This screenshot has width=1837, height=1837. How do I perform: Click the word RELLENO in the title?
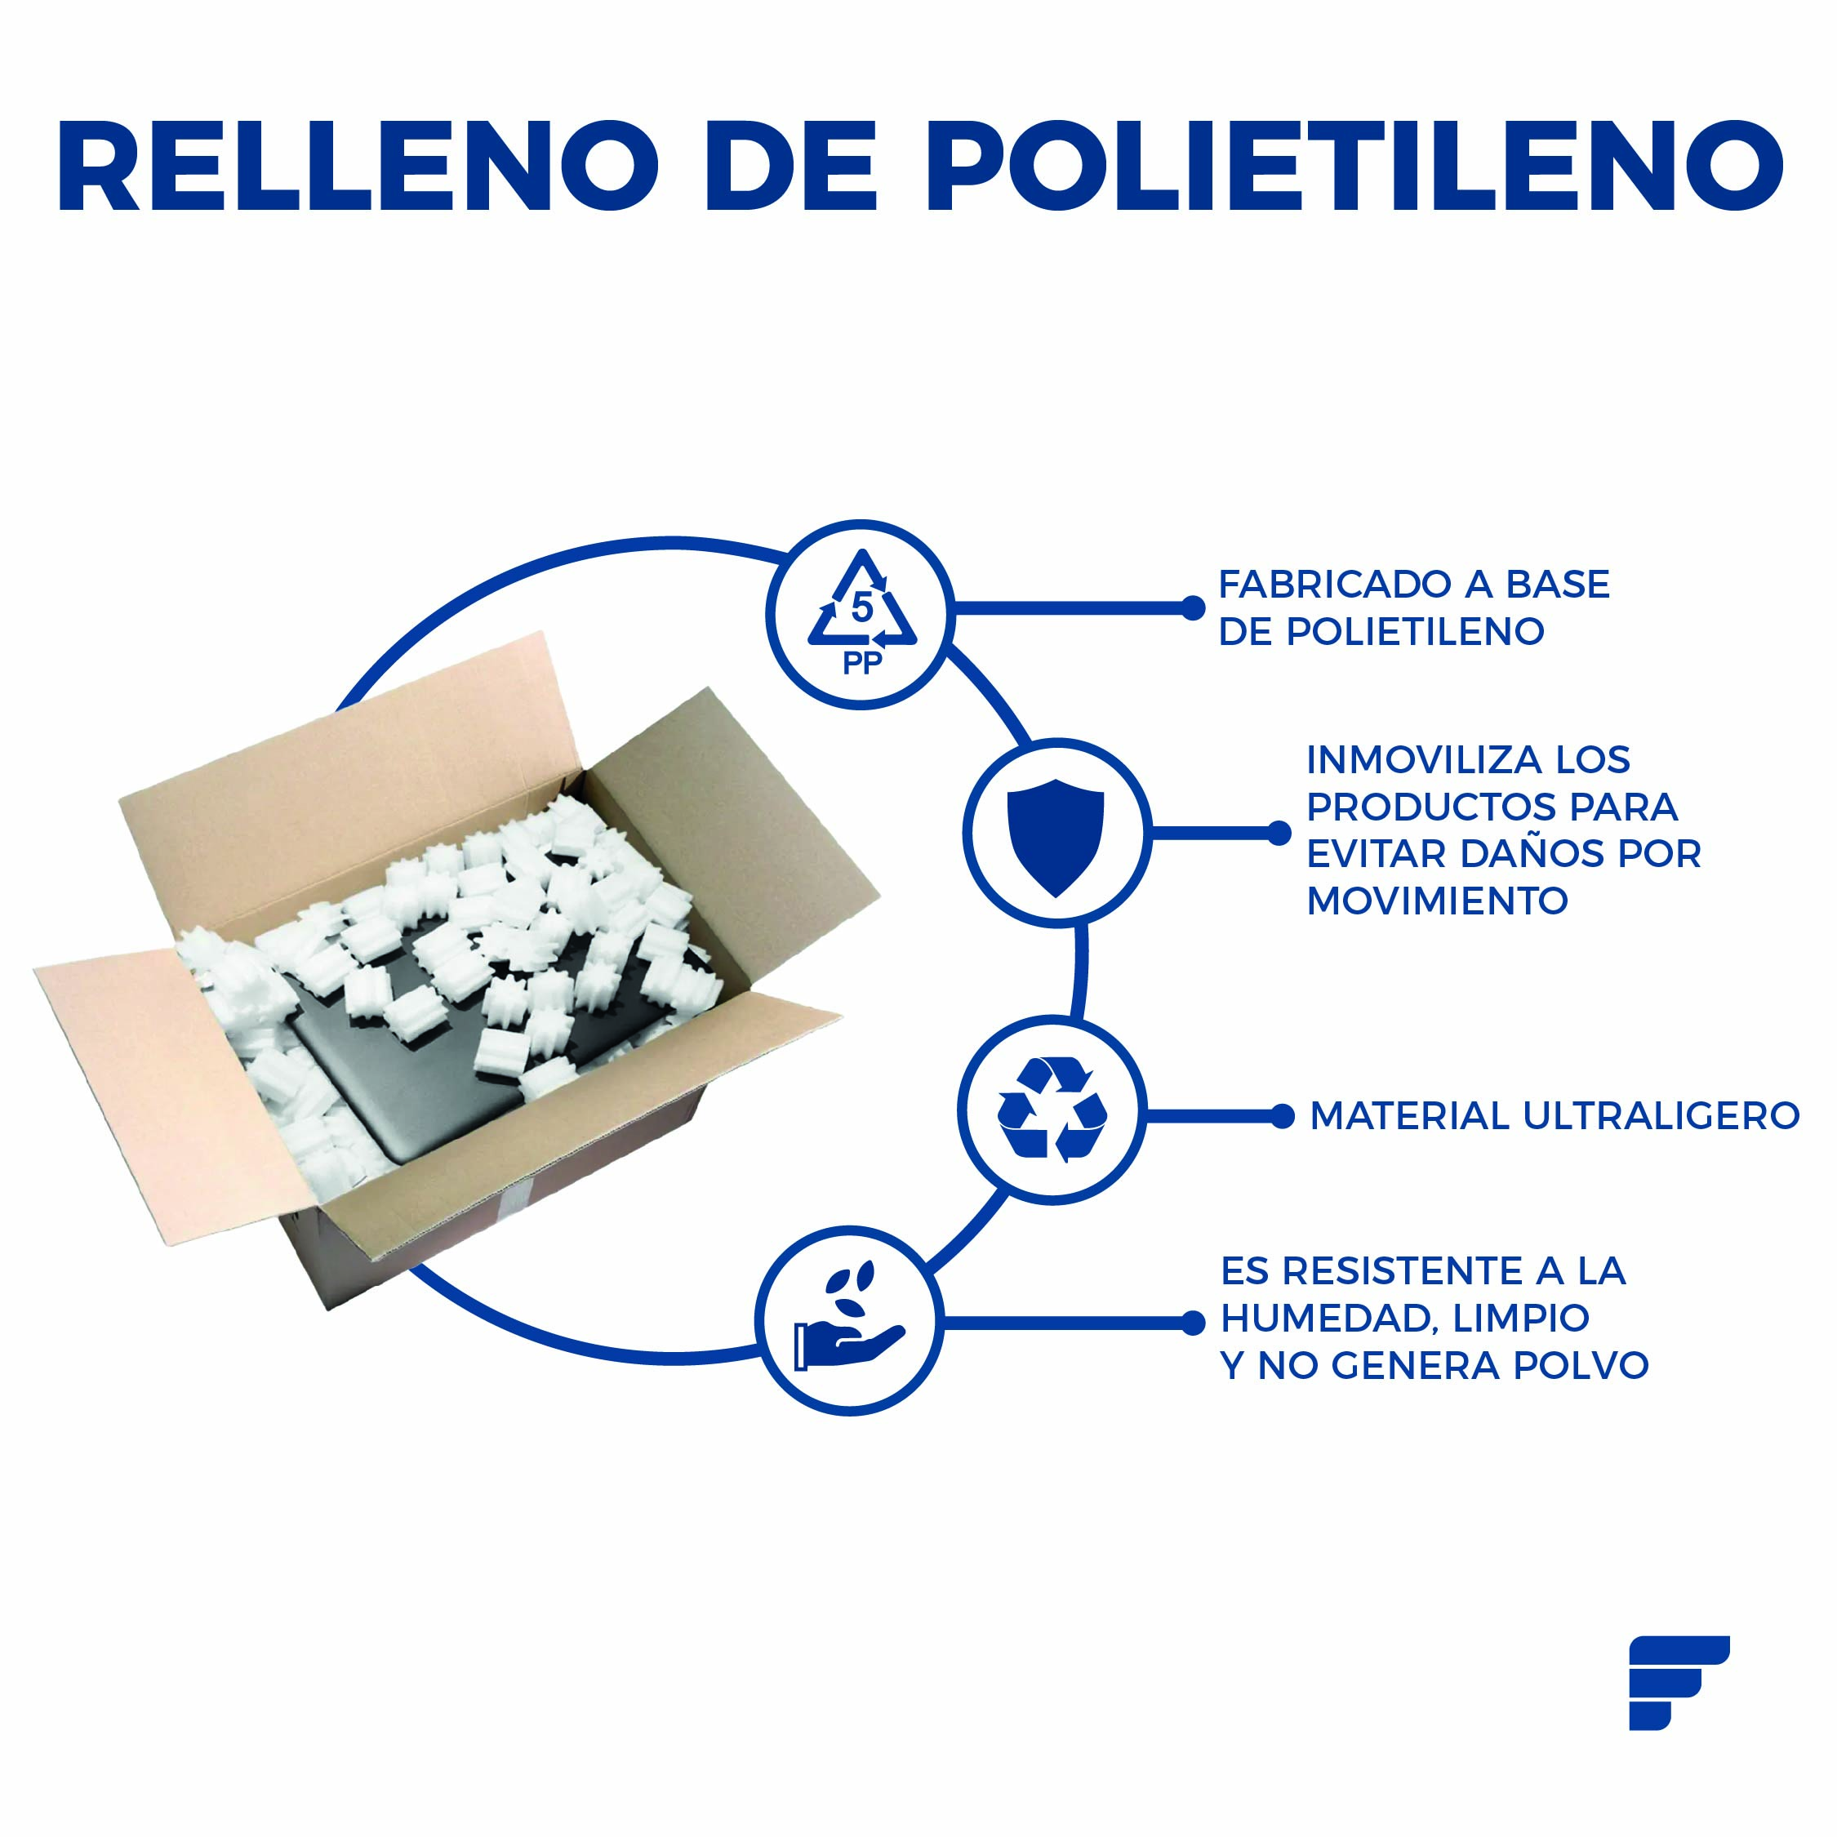click(x=358, y=166)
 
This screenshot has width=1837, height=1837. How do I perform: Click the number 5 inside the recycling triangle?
click(x=861, y=607)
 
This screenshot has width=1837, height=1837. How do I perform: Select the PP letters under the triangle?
click(x=861, y=664)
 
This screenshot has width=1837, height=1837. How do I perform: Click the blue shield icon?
click(x=1056, y=837)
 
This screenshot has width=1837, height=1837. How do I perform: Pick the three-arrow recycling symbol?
click(x=1052, y=1109)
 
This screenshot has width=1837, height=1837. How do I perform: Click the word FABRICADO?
click(x=1335, y=585)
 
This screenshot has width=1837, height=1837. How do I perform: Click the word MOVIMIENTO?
click(x=1437, y=901)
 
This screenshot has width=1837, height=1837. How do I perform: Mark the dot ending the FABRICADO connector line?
click(x=1192, y=608)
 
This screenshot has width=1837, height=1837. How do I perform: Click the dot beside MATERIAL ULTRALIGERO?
click(x=1283, y=1116)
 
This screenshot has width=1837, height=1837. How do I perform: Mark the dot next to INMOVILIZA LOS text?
click(x=1280, y=834)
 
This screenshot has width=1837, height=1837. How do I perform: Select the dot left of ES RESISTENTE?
click(x=1194, y=1323)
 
